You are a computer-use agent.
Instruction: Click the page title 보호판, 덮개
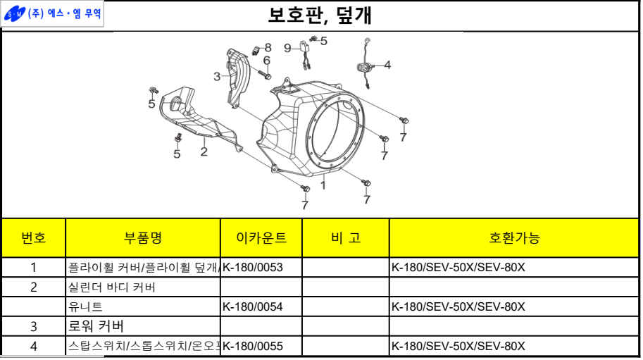320,15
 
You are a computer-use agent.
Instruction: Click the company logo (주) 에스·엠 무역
53,14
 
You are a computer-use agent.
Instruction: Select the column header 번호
34,237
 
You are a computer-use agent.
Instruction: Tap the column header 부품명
143,237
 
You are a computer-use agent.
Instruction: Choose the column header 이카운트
261,237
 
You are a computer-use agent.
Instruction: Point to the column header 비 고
345,237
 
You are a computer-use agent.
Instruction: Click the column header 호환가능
514,237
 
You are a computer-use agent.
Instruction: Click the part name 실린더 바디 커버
112,287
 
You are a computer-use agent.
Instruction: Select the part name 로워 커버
96,326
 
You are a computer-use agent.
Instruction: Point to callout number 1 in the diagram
323,185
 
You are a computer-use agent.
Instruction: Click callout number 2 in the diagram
204,151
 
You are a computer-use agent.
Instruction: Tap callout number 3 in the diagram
217,76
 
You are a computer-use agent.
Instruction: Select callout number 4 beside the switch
387,65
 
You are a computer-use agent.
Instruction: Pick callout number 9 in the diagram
287,48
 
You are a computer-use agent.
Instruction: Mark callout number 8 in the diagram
268,47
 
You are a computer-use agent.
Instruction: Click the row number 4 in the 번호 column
34,346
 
